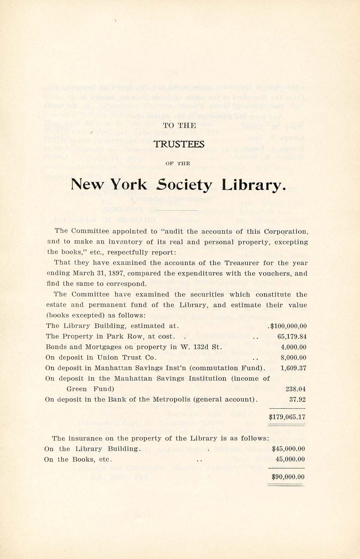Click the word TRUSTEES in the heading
point(179,144)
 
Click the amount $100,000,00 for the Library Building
point(288,326)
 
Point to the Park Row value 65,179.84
point(292,337)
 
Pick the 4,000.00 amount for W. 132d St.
point(294,347)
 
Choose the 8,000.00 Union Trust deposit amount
point(294,358)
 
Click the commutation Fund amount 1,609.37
point(293,368)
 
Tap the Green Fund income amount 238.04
point(296,389)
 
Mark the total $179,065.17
point(287,417)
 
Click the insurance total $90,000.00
point(288,477)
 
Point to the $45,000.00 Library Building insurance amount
point(288,449)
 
